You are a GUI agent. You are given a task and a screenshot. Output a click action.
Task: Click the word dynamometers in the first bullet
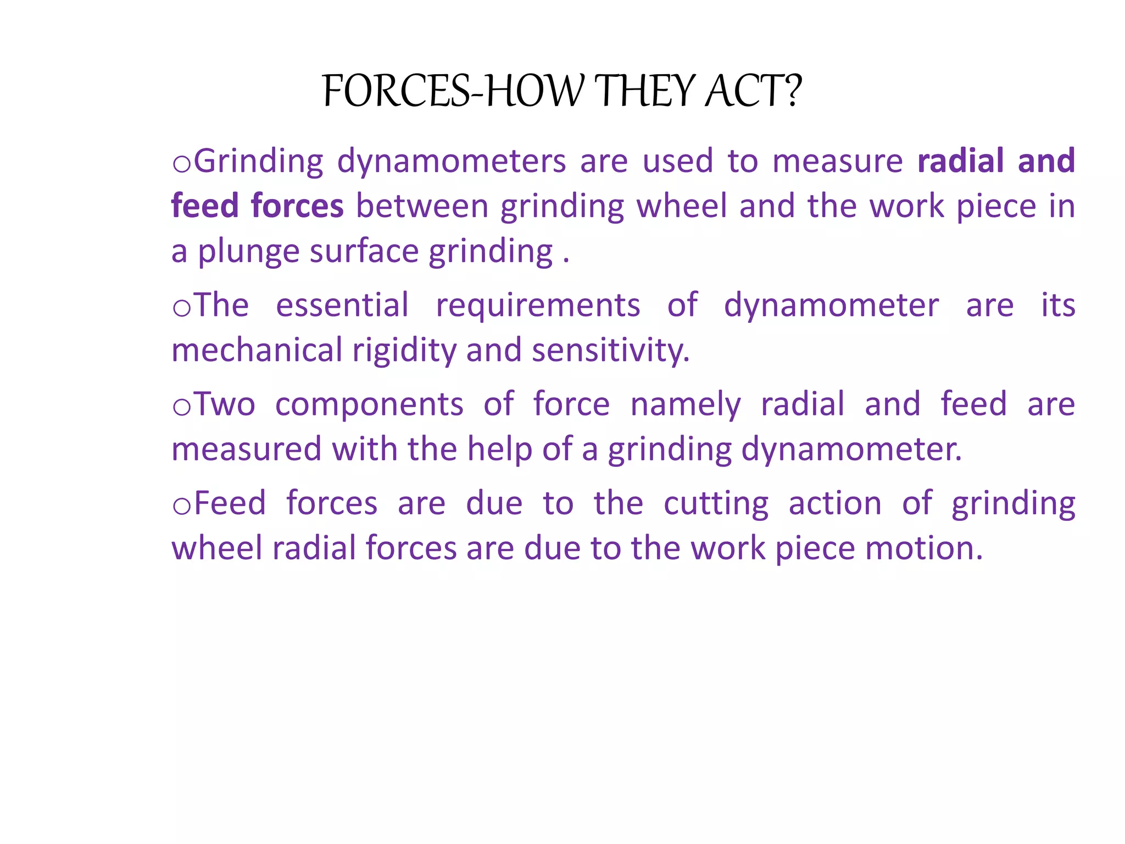[x=451, y=162]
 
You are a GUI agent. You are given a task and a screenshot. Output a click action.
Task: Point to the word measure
[x=837, y=162]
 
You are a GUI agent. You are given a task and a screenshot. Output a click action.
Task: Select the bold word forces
[x=297, y=207]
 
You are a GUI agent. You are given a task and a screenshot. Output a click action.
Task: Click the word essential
[x=342, y=306]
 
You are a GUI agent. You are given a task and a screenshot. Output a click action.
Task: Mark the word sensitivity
[x=610, y=351]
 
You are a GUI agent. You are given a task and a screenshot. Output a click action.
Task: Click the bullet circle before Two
[x=182, y=407]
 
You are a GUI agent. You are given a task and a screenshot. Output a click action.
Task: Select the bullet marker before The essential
[x=182, y=308]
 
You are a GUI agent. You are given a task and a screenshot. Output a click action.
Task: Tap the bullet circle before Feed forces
[x=182, y=506]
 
